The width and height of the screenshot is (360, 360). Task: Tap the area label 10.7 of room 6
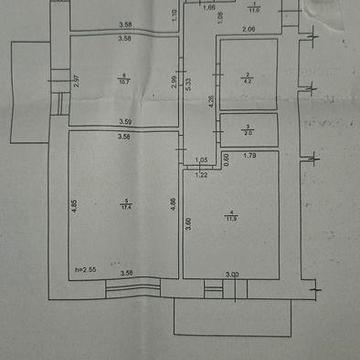coord(123,83)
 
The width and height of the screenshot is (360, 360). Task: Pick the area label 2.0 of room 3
coord(248,132)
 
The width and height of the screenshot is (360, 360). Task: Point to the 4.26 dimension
coord(210,100)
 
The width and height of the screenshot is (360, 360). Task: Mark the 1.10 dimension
coord(173,14)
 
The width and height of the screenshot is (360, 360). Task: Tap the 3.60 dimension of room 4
coord(188,225)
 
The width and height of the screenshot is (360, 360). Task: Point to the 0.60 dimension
coord(226,157)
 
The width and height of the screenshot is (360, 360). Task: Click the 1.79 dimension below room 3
coord(250,157)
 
